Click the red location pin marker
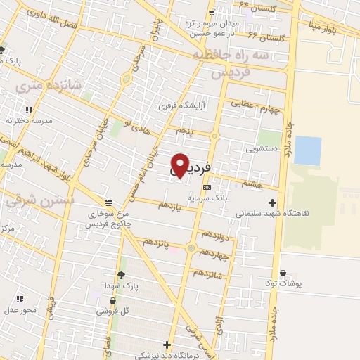coord(180,165)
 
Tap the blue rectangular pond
coord(307,148)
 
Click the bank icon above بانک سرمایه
coord(206,188)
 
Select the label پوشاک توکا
coord(283,283)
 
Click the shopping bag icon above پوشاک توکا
coord(283,274)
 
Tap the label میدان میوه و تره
coord(212,22)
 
